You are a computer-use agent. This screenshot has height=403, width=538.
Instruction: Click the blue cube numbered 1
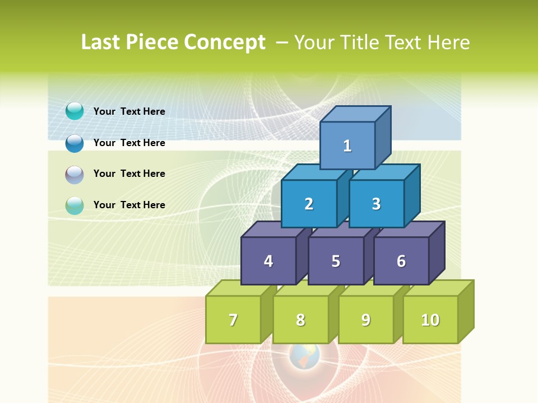(347, 146)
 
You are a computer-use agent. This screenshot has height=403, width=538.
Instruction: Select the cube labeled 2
(309, 204)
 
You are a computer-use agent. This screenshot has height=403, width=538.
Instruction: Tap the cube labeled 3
(376, 204)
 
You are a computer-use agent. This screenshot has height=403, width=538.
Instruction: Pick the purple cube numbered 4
(268, 261)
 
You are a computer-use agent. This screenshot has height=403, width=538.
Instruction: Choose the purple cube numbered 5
(336, 261)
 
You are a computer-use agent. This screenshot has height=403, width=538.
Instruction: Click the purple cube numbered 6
(401, 261)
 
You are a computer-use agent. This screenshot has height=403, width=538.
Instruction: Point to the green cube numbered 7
(233, 320)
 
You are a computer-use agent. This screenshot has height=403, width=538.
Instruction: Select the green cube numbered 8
(300, 320)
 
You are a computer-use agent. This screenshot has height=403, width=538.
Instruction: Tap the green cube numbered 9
(366, 320)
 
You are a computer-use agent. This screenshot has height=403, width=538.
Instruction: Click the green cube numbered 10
(430, 320)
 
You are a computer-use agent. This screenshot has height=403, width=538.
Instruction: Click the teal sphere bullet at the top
(75, 111)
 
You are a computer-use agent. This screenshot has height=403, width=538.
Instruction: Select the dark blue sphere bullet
(75, 143)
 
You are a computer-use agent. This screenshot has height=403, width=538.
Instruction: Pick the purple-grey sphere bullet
(75, 175)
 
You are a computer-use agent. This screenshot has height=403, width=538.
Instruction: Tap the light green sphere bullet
(75, 205)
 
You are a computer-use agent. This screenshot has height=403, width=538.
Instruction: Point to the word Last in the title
(100, 43)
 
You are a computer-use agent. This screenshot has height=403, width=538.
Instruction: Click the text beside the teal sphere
(129, 111)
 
